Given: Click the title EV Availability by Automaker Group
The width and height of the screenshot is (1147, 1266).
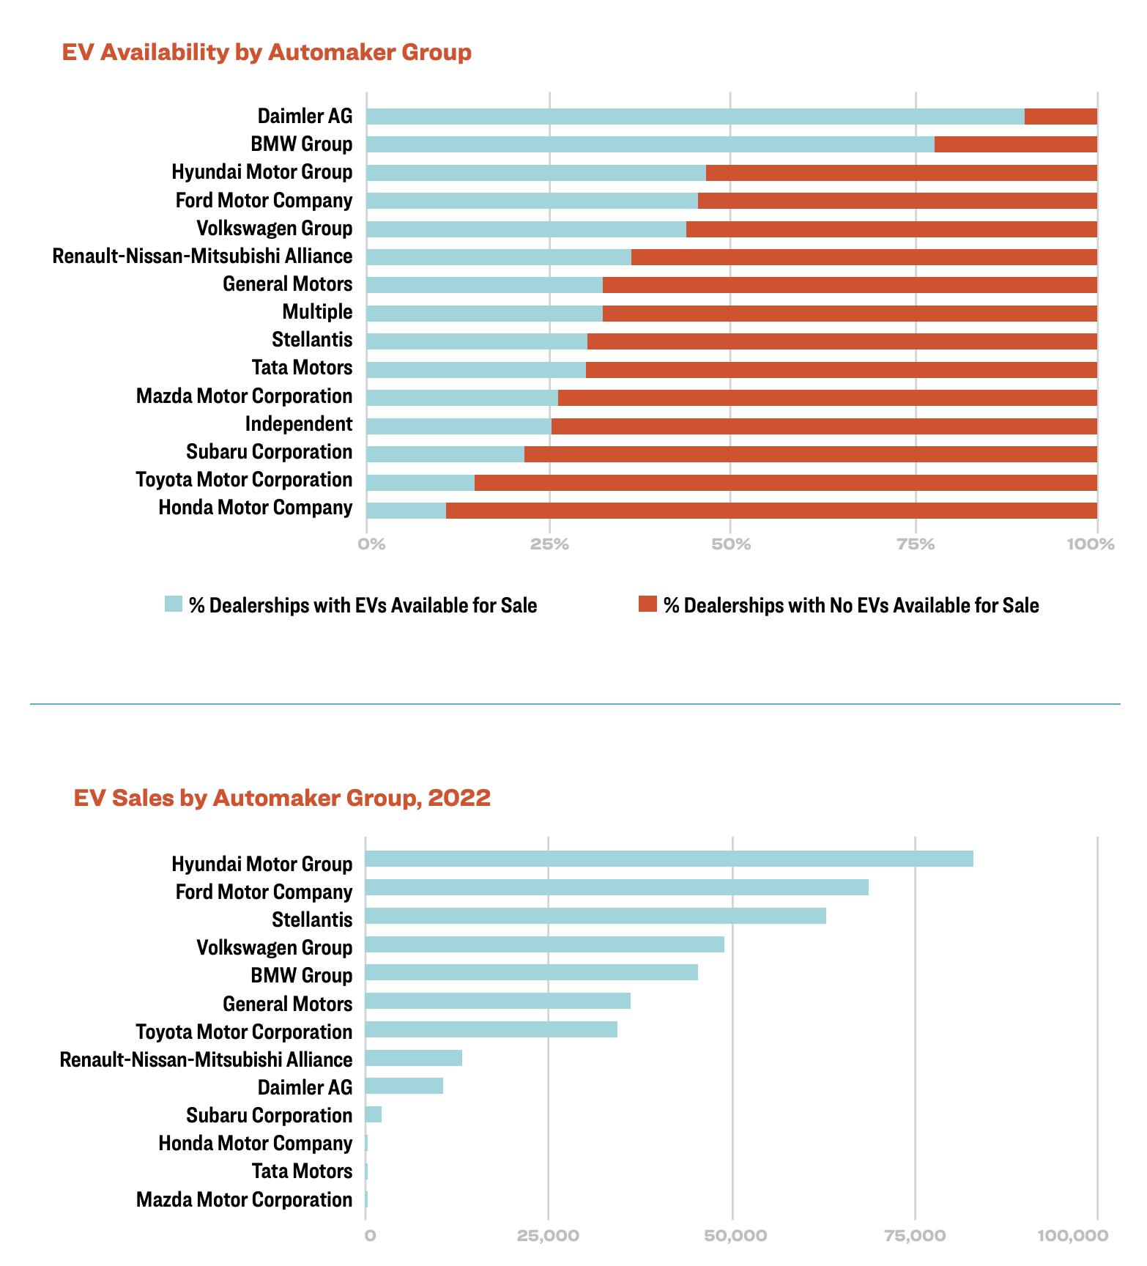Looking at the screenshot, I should tap(267, 53).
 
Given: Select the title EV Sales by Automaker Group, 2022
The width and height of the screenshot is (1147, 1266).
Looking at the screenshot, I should tap(282, 798).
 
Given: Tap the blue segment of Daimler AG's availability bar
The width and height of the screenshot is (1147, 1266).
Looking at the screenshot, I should tap(694, 116).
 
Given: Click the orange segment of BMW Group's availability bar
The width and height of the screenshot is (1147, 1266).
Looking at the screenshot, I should tap(1015, 144).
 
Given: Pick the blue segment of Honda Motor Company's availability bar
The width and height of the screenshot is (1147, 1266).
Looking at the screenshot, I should tap(406, 511).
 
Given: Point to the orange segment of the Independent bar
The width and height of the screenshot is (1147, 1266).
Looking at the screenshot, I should tap(824, 426).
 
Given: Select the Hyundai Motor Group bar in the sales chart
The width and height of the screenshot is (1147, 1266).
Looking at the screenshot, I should tap(669, 859).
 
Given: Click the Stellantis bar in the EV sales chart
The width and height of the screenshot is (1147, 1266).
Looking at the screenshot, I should tap(595, 916).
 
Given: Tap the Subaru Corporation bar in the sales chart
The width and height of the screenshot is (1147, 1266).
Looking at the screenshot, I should tap(374, 1115).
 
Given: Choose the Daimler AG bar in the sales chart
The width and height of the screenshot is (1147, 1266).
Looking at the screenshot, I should tap(404, 1086).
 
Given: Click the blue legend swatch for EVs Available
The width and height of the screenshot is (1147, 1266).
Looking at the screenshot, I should tap(174, 604).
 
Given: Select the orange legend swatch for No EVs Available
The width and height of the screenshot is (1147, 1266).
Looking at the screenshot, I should tap(647, 604).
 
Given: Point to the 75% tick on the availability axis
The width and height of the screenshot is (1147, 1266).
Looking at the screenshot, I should tap(916, 544).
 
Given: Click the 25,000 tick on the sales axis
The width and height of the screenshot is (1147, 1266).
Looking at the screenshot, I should tap(548, 1236).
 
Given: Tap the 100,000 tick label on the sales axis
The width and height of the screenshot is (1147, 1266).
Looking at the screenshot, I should tap(1072, 1236).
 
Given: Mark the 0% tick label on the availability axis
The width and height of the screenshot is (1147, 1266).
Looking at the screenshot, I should tap(371, 544).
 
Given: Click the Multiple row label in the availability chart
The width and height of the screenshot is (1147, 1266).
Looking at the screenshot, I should tap(317, 312).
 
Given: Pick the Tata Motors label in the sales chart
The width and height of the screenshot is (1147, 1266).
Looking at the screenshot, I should tap(302, 1171).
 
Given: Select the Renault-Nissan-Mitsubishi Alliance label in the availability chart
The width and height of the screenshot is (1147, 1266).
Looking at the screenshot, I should tap(202, 256).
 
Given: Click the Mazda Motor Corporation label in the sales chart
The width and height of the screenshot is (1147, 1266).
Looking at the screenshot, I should tap(244, 1200).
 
